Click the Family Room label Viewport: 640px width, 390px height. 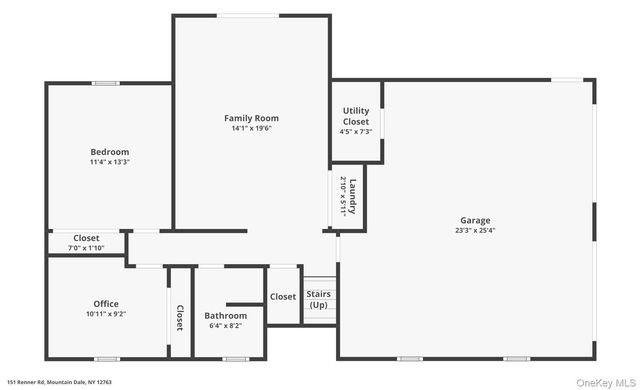[251, 118]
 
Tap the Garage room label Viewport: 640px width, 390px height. [475, 220]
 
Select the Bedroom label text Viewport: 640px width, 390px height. [109, 152]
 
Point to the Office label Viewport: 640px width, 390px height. [106, 303]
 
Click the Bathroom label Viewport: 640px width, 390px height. [225, 315]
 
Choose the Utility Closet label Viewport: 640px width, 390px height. [356, 116]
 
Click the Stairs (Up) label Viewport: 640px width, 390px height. [318, 299]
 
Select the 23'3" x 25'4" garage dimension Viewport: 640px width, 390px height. [475, 230]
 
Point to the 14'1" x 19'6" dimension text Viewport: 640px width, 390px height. [251, 128]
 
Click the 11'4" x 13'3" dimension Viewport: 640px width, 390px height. [109, 162]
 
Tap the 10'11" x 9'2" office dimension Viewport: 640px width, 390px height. [106, 313]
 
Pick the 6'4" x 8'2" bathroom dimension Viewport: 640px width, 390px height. [225, 325]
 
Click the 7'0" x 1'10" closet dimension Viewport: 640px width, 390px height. [86, 247]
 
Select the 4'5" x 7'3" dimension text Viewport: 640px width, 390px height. [356, 132]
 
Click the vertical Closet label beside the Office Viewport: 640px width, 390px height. [180, 317]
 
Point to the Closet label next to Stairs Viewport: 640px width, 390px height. [283, 296]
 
